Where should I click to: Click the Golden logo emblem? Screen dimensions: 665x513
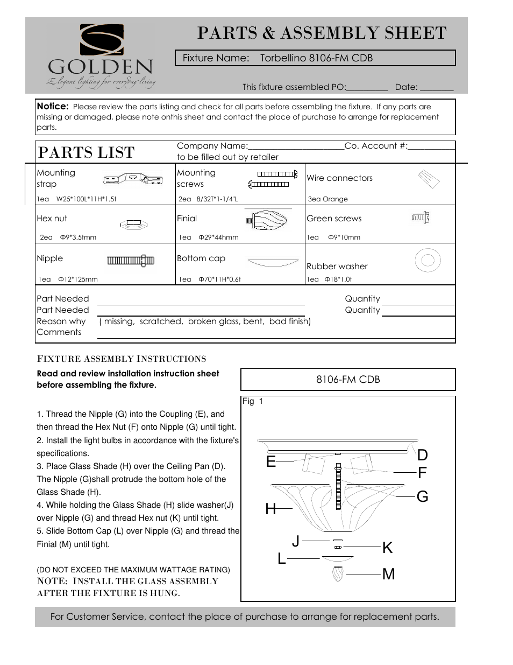102,40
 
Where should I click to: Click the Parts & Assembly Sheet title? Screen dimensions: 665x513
322,33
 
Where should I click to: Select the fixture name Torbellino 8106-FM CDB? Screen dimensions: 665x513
316,58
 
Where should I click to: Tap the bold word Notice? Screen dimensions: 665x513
53,107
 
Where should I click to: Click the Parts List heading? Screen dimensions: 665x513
86,152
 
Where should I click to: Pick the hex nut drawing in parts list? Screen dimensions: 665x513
133,223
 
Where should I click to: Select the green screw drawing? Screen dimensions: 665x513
421,217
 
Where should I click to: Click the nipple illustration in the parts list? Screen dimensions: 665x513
131,261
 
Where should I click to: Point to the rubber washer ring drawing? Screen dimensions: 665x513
427,261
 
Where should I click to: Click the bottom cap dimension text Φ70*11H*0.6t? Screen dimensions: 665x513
219,279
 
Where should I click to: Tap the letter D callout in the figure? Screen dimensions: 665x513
422,455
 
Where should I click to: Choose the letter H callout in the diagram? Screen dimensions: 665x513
270,509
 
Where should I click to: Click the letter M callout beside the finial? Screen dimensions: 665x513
388,574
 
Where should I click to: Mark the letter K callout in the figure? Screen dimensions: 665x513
387,548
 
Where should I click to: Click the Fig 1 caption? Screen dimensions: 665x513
253,401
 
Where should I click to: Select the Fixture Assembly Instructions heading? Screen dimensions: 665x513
122,359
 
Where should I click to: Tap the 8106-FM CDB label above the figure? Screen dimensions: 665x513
348,380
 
